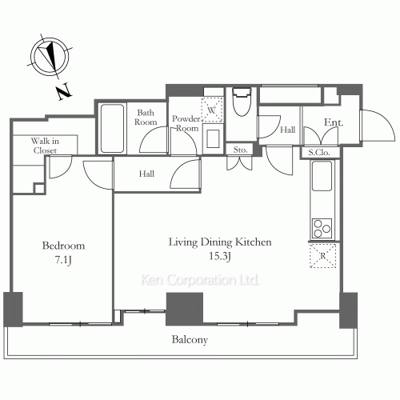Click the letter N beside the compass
(x=65, y=91)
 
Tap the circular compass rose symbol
(x=50, y=57)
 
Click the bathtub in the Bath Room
(x=112, y=129)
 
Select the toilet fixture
(x=242, y=102)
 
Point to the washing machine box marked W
(x=212, y=110)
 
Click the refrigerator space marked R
(x=322, y=256)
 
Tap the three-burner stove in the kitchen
(x=322, y=228)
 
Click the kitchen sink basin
(x=322, y=176)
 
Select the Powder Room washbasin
(x=213, y=138)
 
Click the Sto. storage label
(x=240, y=150)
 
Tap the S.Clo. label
(x=319, y=153)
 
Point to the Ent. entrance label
(x=334, y=122)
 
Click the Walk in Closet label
(x=45, y=146)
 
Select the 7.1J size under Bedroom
(x=63, y=260)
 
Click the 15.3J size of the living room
(x=220, y=256)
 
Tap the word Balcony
(x=190, y=340)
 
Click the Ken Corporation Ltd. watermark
(x=200, y=280)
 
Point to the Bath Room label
(x=146, y=118)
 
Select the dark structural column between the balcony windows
(x=184, y=309)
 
